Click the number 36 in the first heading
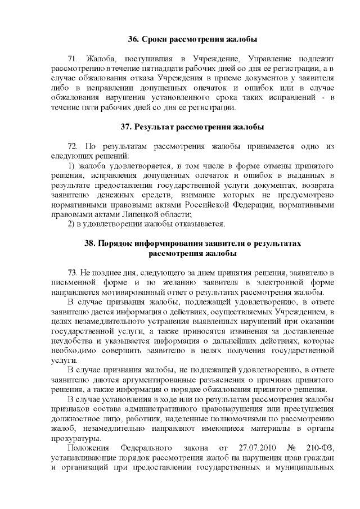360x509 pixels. [133, 39]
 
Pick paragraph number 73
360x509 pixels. [72, 272]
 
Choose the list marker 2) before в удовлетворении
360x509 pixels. [71, 225]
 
